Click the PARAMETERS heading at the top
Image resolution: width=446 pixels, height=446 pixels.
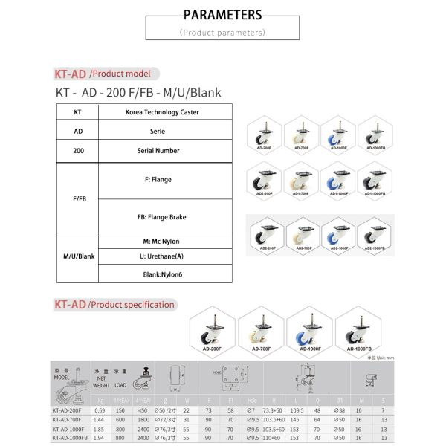(x=222, y=14)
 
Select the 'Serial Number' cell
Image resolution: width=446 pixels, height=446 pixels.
(x=158, y=151)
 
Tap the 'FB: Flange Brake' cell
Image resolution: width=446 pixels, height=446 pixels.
(x=161, y=217)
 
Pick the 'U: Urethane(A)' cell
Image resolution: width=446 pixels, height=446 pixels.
(x=161, y=256)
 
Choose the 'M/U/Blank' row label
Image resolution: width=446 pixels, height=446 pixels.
(x=78, y=256)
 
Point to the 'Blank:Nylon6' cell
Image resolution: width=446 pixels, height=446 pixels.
(x=161, y=274)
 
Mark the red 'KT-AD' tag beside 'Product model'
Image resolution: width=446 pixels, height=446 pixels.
(x=70, y=74)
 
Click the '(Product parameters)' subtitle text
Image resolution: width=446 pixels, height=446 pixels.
(x=222, y=33)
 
